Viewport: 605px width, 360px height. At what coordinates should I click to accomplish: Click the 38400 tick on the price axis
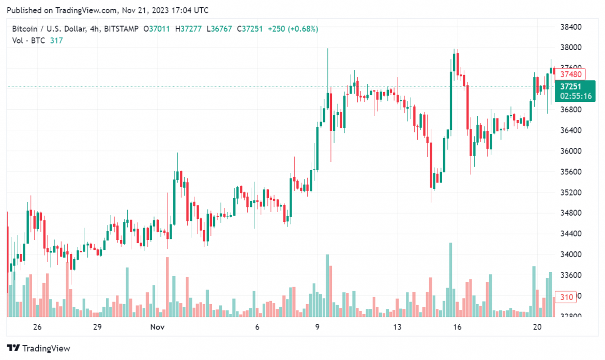pos(571,27)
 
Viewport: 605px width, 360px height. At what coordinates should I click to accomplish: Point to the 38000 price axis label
pos(571,48)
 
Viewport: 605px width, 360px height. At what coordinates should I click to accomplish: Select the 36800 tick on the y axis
pos(571,110)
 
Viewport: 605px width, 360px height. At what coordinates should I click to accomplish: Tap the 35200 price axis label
pos(571,192)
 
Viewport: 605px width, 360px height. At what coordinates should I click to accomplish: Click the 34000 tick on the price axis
pos(571,254)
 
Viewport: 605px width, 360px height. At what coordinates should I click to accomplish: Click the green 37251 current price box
pos(574,86)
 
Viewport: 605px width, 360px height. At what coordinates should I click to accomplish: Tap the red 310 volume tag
pos(566,297)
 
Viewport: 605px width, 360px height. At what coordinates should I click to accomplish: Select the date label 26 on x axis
pos(37,327)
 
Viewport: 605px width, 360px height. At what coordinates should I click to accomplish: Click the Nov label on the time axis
pos(157,327)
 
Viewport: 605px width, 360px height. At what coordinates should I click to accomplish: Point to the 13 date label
pos(397,327)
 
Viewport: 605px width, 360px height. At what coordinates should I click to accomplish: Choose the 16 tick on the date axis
pos(457,327)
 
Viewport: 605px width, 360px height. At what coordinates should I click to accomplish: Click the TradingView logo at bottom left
pos(38,348)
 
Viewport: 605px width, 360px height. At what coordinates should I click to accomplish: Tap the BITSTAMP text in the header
pos(122,29)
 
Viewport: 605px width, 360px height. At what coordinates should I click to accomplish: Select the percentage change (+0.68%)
pos(303,29)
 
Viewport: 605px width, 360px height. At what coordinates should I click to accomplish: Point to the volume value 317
pos(56,40)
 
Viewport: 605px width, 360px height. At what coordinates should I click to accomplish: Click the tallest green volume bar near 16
pos(451,279)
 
